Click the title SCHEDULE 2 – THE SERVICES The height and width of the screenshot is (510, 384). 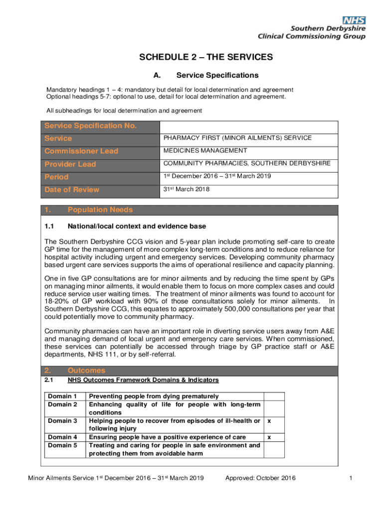[x=206, y=57]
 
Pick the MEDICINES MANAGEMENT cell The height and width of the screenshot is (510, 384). [x=205, y=151]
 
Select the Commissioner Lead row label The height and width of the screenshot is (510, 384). [x=81, y=151]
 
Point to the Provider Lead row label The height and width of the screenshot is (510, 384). [x=70, y=164]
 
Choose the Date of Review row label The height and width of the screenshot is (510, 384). [x=72, y=190]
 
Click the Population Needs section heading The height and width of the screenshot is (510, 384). [x=100, y=210]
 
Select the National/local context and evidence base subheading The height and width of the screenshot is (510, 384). [x=137, y=227]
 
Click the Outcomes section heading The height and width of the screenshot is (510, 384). [x=86, y=371]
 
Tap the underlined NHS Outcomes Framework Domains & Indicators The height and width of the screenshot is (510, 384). [x=143, y=380]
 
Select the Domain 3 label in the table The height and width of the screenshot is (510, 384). [x=62, y=421]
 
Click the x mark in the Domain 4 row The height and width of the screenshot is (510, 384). [x=269, y=437]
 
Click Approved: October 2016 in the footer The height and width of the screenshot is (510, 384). [x=260, y=479]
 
